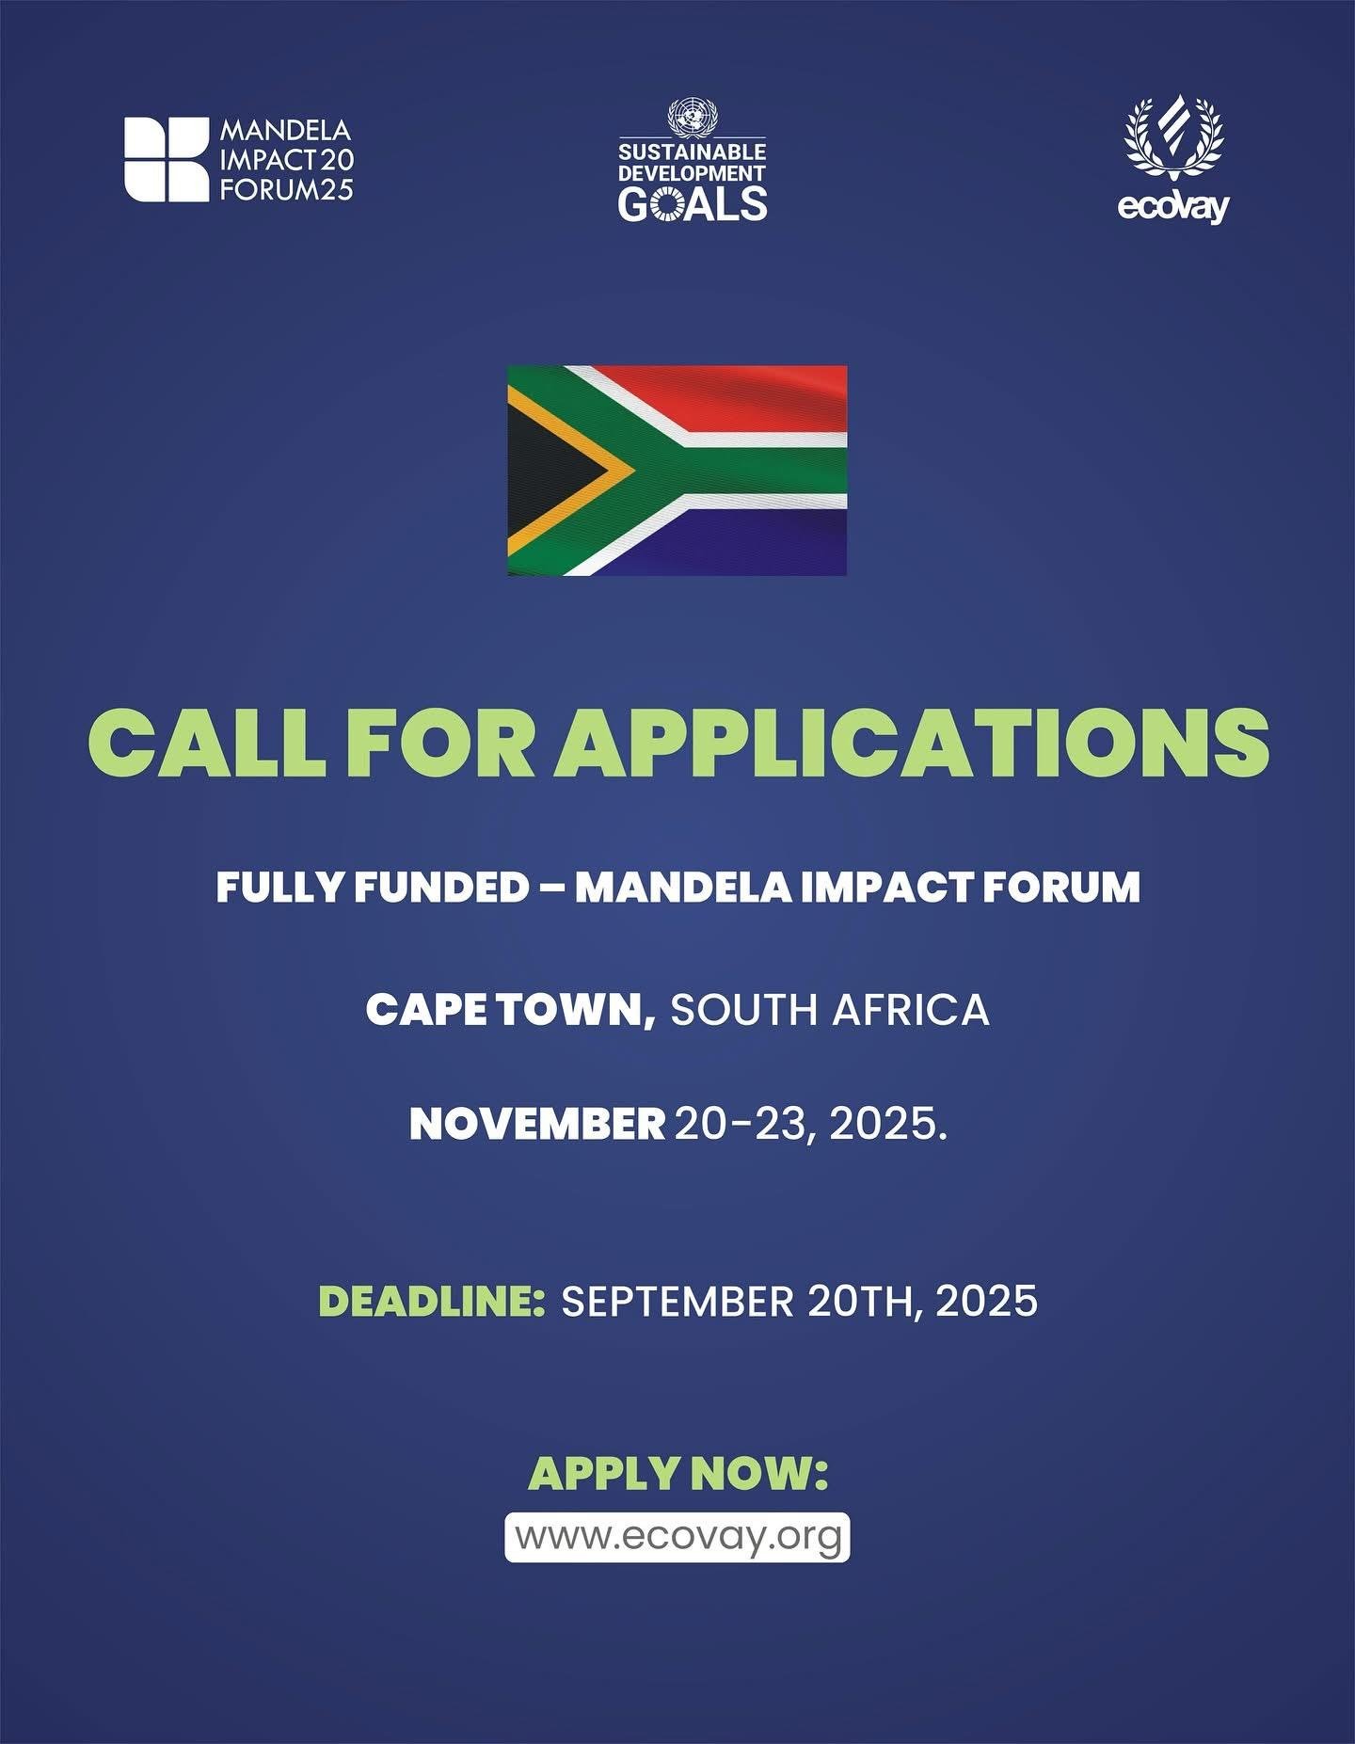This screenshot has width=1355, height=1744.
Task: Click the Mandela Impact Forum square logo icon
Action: click(x=167, y=159)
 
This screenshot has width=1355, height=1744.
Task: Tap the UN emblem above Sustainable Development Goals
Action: click(x=692, y=119)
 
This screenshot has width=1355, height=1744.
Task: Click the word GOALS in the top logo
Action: click(x=692, y=202)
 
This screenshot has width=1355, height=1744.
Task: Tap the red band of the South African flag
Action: click(x=743, y=395)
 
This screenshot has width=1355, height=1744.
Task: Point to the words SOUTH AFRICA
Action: click(x=830, y=1010)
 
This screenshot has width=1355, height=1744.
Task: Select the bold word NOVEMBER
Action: click(x=537, y=1124)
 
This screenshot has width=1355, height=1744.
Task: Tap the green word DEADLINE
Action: click(x=432, y=1302)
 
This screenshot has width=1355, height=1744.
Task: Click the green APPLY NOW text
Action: click(x=677, y=1474)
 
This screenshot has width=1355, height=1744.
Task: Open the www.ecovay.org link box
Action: click(x=677, y=1537)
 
